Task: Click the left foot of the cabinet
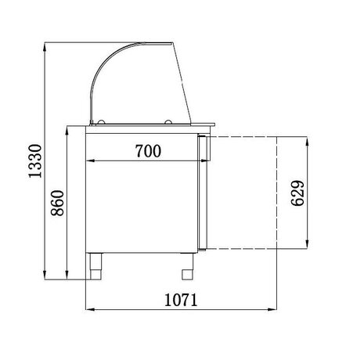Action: coord(97,266)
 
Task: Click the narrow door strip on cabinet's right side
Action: coord(202,192)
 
